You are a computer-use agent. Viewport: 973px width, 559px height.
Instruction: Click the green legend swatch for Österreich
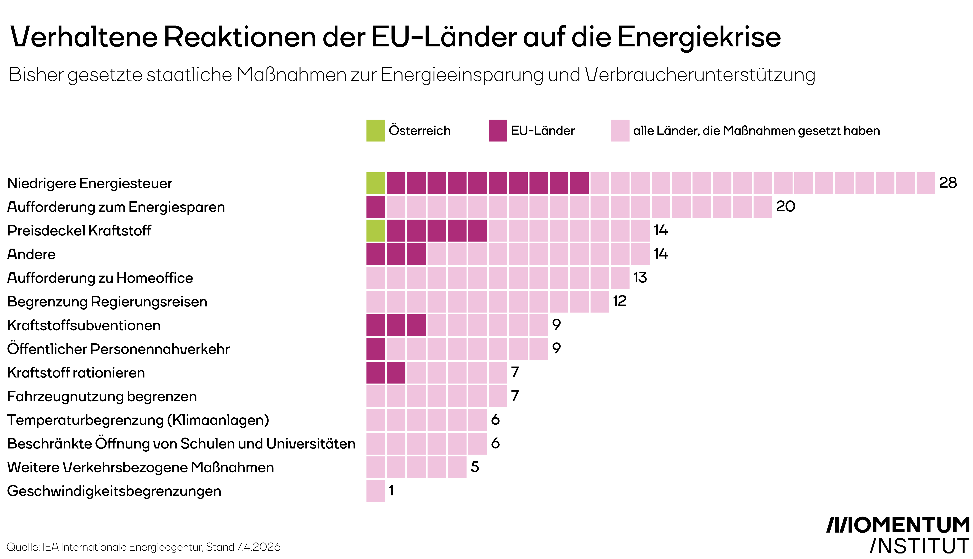click(375, 130)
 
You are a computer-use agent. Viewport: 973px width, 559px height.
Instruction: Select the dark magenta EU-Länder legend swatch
click(498, 130)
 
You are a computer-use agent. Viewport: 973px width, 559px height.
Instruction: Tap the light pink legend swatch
click(620, 130)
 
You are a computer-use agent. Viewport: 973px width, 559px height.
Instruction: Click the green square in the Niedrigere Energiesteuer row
click(375, 183)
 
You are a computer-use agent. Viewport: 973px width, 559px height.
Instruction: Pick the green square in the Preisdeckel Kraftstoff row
click(375, 230)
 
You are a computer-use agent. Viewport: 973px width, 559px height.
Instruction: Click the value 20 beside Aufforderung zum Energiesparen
click(785, 207)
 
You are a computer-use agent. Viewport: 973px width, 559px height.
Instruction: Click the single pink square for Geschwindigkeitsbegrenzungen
click(375, 491)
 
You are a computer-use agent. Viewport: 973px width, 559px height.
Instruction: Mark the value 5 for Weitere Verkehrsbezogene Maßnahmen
click(475, 467)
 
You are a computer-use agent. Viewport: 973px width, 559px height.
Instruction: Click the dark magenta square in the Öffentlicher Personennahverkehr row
click(375, 349)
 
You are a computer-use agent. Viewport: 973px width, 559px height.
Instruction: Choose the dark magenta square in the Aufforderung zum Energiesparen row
click(375, 207)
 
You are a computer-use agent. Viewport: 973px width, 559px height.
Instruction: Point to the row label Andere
click(32, 254)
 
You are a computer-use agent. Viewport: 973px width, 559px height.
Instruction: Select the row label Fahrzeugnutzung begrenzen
click(102, 396)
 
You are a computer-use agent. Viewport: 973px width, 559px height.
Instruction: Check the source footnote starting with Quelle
click(143, 547)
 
